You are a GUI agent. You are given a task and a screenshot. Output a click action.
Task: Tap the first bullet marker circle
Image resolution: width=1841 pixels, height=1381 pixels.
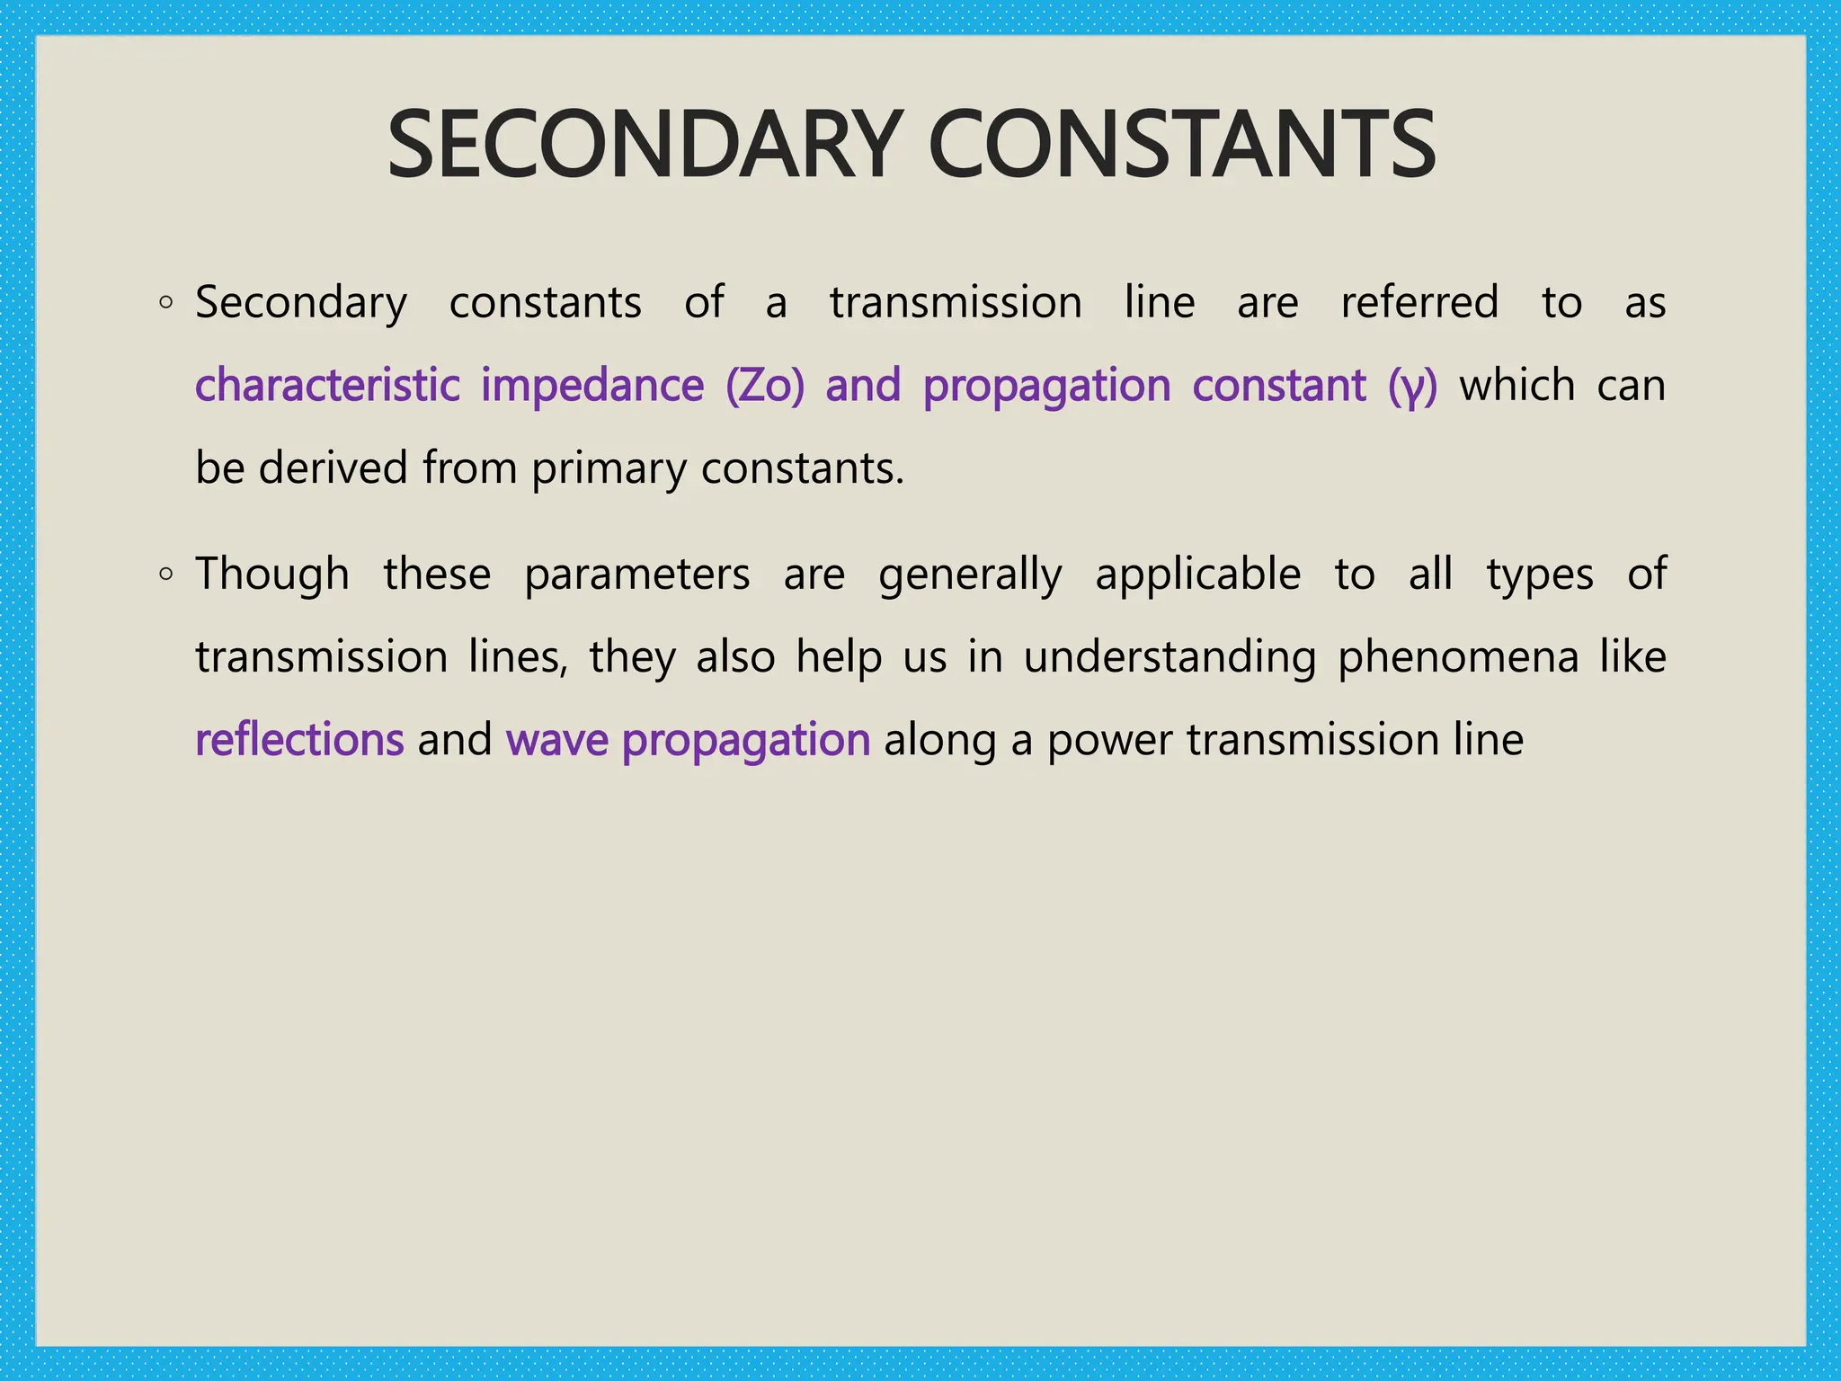(165, 303)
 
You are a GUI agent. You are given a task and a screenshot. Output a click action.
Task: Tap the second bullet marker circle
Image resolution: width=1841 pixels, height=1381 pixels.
(165, 575)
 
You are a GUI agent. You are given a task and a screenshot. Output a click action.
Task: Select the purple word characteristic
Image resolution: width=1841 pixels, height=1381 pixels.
(327, 386)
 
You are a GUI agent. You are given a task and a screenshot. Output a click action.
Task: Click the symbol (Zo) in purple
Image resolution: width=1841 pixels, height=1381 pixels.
(765, 387)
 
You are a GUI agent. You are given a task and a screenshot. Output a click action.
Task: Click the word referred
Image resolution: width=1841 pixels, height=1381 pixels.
(1419, 302)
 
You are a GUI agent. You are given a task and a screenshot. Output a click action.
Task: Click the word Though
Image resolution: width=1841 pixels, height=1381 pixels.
(272, 575)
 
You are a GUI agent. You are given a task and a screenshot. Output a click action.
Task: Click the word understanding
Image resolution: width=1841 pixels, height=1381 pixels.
(1170, 657)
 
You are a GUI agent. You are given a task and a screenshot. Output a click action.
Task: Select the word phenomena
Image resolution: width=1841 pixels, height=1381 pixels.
(1458, 658)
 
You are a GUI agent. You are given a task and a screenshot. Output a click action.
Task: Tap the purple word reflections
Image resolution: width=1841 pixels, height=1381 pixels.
(299, 740)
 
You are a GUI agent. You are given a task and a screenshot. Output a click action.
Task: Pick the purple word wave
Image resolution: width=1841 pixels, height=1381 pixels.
(557, 741)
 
